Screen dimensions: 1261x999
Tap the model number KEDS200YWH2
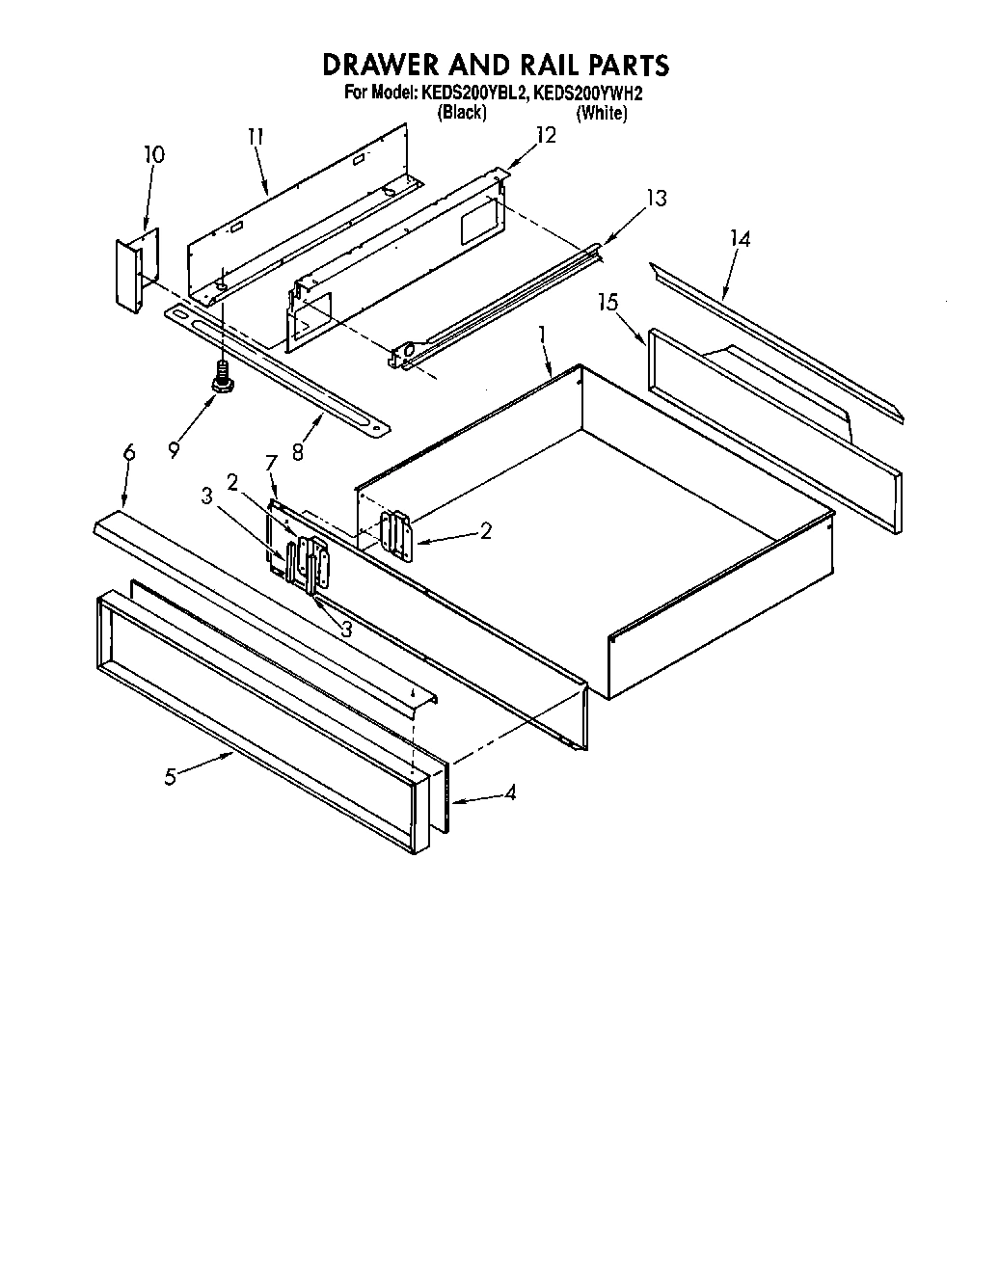coord(587,94)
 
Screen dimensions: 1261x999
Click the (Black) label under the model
coord(462,113)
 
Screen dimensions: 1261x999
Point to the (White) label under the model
coord(602,113)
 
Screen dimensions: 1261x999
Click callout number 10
coord(153,155)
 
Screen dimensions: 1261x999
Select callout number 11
coord(255,137)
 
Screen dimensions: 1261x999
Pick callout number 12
coord(546,135)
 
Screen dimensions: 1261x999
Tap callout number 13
coord(656,198)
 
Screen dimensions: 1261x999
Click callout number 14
coord(740,238)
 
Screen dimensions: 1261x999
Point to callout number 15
coord(607,302)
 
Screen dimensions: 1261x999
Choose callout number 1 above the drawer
coord(542,334)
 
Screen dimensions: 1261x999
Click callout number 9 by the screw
coord(174,449)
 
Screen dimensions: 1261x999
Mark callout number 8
coord(298,450)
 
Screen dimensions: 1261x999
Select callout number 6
coord(129,453)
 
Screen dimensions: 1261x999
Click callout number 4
coord(510,793)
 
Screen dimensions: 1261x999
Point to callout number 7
coord(271,463)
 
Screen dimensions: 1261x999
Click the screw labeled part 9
coord(224,379)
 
